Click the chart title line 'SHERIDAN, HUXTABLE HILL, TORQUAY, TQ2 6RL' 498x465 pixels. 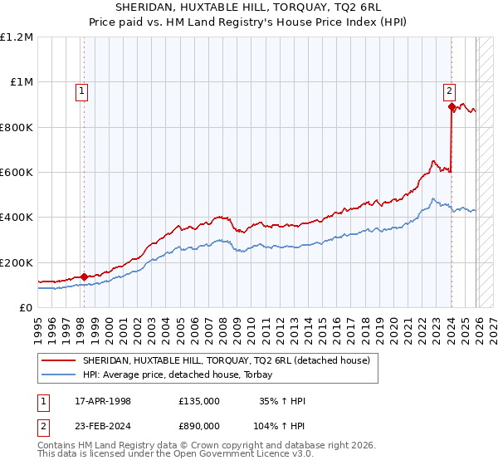249,7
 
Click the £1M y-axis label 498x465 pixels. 21,82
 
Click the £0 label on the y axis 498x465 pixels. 27,308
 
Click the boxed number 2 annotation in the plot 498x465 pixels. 449,92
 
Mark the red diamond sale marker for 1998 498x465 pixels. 85,277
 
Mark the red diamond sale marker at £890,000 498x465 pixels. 452,107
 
